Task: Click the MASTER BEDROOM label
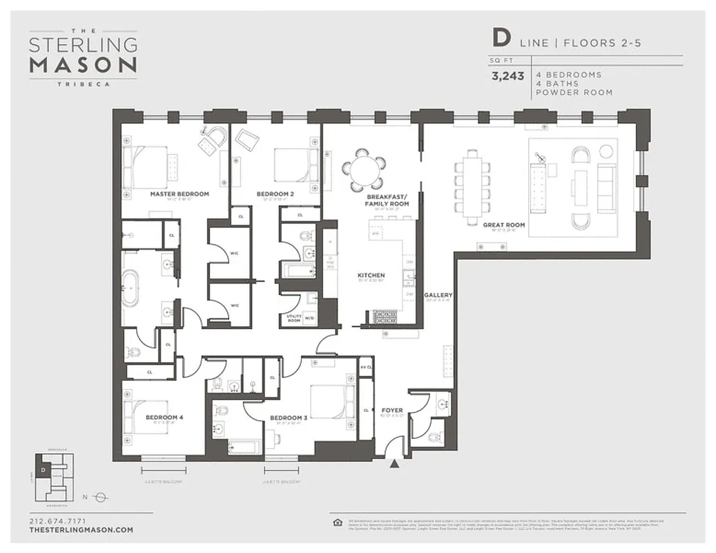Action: click(x=180, y=194)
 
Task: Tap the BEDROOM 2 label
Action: click(x=275, y=194)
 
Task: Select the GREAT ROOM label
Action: click(x=504, y=225)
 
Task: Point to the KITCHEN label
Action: click(x=371, y=276)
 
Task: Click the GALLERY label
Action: click(x=438, y=295)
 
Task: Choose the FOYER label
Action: click(x=392, y=411)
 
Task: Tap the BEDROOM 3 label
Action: click(x=288, y=418)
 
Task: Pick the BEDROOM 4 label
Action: click(x=164, y=418)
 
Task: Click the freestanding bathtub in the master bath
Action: click(x=130, y=287)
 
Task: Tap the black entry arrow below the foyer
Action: click(x=394, y=464)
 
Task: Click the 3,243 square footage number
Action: click(x=507, y=77)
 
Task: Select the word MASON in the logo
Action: click(x=83, y=65)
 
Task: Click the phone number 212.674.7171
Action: click(x=58, y=521)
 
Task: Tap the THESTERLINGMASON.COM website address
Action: click(x=81, y=529)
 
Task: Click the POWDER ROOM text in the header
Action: click(x=574, y=93)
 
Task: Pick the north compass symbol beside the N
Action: click(x=99, y=496)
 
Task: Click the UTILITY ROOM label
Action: click(x=293, y=318)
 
